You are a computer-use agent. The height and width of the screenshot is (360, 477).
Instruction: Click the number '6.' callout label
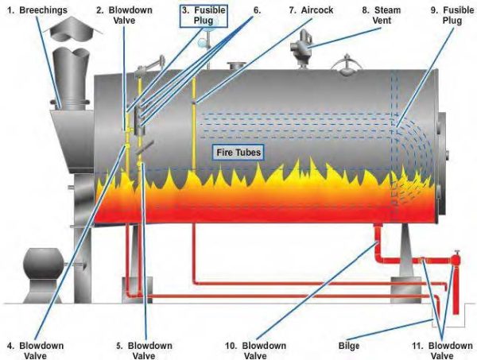click(256, 12)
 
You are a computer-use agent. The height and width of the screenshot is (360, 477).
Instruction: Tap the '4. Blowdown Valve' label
click(33, 350)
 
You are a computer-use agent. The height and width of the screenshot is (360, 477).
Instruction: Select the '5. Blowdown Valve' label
click(148, 350)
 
